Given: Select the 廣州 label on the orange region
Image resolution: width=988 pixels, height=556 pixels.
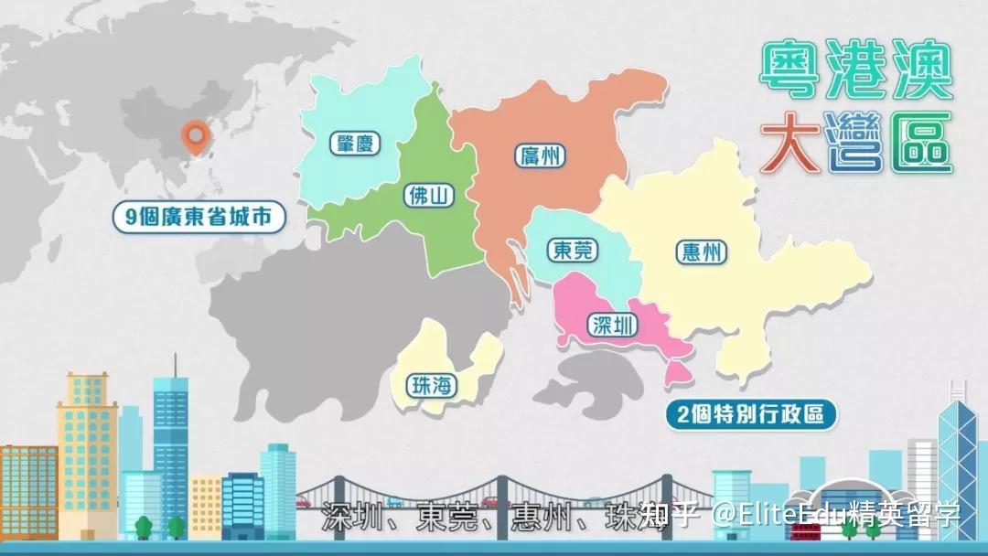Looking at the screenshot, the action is click(x=539, y=155).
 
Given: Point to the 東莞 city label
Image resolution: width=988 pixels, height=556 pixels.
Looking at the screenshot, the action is click(x=574, y=250).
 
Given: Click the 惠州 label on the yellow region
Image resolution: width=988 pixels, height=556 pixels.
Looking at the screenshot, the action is click(x=702, y=252).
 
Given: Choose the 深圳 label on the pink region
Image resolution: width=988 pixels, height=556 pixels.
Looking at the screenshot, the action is click(x=613, y=325).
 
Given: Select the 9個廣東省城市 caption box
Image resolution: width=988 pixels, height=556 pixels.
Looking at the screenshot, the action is click(x=199, y=218).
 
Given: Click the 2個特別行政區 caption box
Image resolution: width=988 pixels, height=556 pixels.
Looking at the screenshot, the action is click(x=751, y=414).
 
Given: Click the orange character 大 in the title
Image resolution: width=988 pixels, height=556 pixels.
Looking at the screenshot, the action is click(x=790, y=143).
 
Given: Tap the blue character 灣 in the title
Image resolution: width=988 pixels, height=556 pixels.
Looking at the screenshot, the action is click(x=854, y=143).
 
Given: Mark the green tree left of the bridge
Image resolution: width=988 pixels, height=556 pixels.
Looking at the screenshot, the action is click(x=144, y=526).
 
